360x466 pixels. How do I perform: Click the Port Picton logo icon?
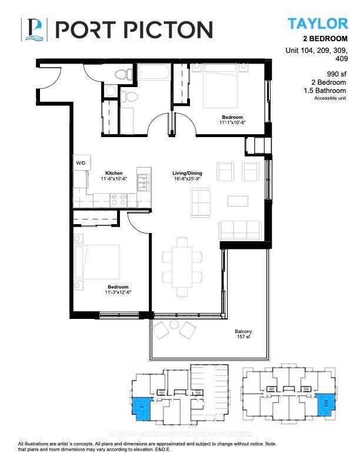(33, 29)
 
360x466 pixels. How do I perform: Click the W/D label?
(80, 162)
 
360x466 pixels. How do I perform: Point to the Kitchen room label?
(114, 174)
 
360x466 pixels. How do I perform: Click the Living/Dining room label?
(188, 174)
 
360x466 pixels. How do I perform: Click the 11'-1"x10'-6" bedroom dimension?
(231, 123)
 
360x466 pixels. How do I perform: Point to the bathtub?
(154, 75)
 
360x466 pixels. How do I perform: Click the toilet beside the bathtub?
(123, 75)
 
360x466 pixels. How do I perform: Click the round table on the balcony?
(174, 325)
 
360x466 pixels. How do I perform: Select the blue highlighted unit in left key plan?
(141, 408)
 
